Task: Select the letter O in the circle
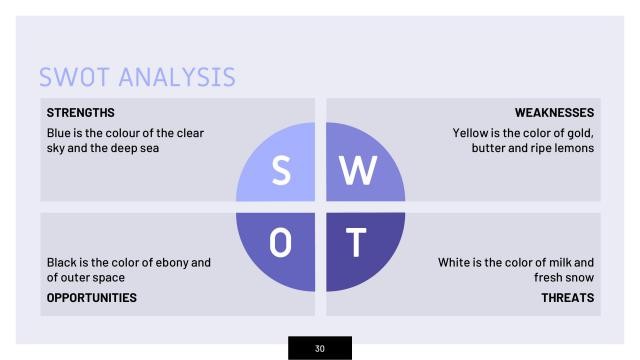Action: [282, 243]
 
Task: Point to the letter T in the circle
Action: [358, 243]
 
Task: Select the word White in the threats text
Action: [458, 262]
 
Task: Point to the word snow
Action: [579, 278]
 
